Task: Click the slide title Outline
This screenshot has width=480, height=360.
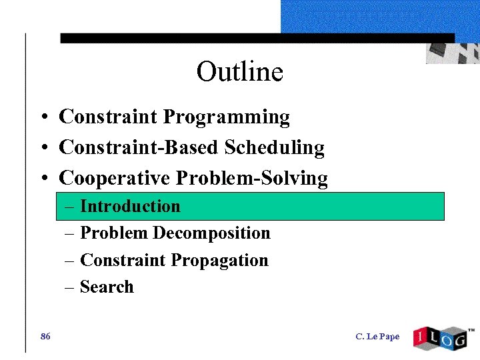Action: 240,71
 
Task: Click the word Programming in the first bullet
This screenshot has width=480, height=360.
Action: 227,117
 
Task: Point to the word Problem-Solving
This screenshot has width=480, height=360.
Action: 252,179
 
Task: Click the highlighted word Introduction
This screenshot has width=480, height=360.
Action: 130,207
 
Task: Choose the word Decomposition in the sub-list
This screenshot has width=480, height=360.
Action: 211,233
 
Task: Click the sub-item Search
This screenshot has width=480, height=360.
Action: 107,287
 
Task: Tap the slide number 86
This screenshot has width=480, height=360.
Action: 45,337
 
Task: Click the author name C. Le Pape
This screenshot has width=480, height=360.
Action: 377,337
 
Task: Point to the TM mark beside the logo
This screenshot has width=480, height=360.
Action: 471,330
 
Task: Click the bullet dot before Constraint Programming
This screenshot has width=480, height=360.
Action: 42,118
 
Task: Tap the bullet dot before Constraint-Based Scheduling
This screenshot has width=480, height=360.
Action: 42,148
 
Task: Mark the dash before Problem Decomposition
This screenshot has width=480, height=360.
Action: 70,233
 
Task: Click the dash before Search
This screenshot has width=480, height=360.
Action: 70,287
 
